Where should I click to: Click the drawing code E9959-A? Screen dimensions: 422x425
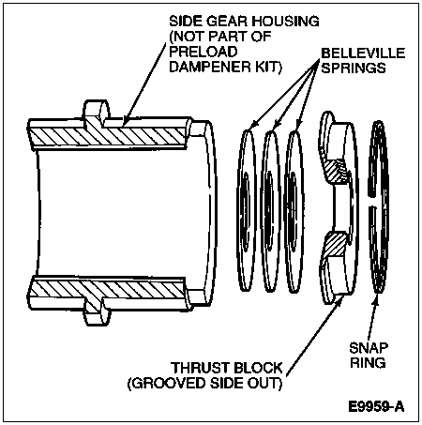pos(376,407)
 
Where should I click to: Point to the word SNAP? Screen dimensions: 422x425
pos(369,348)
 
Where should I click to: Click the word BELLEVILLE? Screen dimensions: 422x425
pos(363,53)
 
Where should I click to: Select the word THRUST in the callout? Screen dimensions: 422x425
pos(200,368)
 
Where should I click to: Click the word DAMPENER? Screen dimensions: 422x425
pos(208,67)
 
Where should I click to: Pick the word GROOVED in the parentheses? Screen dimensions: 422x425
pos(167,384)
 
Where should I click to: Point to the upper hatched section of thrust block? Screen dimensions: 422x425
pos(336,172)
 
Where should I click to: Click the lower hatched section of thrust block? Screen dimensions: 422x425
pos(336,245)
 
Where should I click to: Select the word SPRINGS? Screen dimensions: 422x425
pos(354,68)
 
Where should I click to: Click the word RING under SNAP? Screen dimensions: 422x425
pos(368,363)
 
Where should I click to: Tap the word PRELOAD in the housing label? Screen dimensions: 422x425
pos(203,52)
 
